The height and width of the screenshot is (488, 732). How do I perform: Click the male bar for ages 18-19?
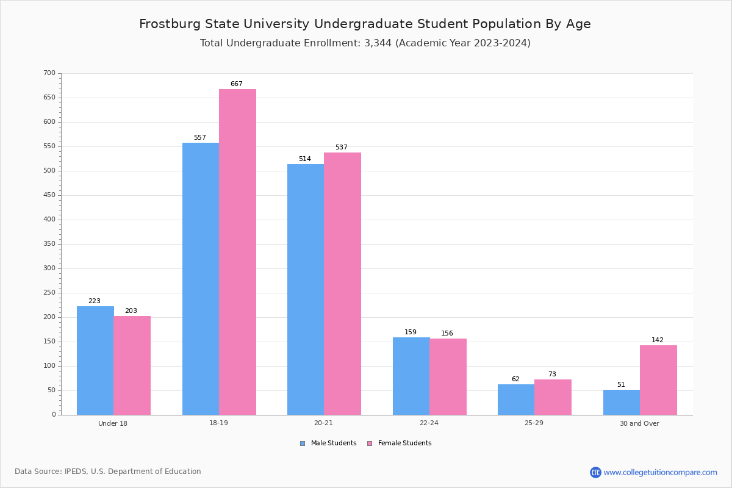pyautogui.click(x=201, y=279)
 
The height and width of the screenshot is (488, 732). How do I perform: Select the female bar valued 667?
pyautogui.click(x=237, y=252)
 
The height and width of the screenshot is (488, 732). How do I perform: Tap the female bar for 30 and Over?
pyautogui.click(x=658, y=380)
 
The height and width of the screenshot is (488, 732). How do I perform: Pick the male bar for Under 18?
pyautogui.click(x=95, y=361)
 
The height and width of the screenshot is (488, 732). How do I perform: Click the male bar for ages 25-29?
pyautogui.click(x=516, y=400)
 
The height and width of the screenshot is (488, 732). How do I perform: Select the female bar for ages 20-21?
pyautogui.click(x=342, y=284)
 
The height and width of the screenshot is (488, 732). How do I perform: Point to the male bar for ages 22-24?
pyautogui.click(x=411, y=376)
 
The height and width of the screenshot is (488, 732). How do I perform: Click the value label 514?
pyautogui.click(x=304, y=159)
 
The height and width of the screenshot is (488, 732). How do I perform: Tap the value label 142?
pyautogui.click(x=657, y=340)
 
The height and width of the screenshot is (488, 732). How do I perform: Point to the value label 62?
pyautogui.click(x=515, y=379)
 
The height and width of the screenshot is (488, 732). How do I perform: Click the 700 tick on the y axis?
pyautogui.click(x=49, y=73)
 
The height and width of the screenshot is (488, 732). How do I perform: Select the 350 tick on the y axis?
pyautogui.click(x=49, y=244)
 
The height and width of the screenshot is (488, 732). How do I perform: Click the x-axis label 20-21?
pyautogui.click(x=323, y=423)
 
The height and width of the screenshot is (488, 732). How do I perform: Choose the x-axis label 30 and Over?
pyautogui.click(x=639, y=423)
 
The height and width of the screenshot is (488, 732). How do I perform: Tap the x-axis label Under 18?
pyautogui.click(x=113, y=423)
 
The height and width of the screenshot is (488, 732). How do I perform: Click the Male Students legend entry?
pyautogui.click(x=333, y=443)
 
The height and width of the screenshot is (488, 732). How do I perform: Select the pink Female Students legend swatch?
pyautogui.click(x=370, y=443)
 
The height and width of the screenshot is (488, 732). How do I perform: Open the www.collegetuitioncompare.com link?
pyautogui.click(x=660, y=472)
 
